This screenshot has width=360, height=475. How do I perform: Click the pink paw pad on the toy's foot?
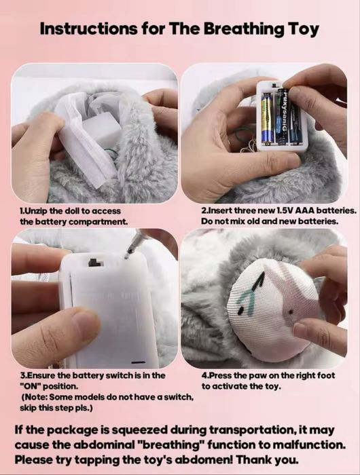click(272, 299)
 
